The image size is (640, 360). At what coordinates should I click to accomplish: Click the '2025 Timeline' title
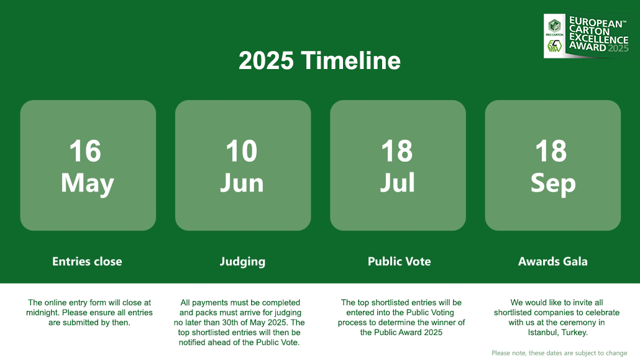coord(319,60)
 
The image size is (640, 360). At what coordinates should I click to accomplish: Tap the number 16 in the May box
coord(85,151)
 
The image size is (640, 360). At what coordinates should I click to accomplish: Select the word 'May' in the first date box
coord(88,183)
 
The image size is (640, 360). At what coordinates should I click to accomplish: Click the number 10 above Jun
coord(242,151)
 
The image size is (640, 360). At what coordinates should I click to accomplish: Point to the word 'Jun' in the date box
coord(242,183)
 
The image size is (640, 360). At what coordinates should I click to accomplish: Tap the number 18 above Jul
coord(396,151)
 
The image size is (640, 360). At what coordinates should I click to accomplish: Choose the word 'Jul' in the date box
coord(397,183)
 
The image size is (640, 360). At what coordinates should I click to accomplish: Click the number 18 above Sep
coord(551,151)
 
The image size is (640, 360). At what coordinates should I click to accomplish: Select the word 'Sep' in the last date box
coord(553,183)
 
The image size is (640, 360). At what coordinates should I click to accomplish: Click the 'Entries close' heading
coord(87,262)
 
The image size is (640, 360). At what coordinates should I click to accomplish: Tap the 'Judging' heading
coord(242,262)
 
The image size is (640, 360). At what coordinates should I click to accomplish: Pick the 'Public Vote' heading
coord(399,262)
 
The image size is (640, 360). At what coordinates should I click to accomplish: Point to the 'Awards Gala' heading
coord(552,262)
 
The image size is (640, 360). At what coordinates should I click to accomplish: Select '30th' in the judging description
coord(230,323)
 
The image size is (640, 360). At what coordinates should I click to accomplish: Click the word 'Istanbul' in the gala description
coord(543,333)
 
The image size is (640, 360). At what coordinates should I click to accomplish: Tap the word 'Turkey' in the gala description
coord(575,333)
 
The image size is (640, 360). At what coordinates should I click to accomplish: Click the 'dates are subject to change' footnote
coord(586,353)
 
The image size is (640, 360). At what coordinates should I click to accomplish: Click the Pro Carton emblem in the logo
coord(554,26)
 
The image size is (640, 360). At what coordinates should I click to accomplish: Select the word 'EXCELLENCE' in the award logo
coord(599,39)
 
